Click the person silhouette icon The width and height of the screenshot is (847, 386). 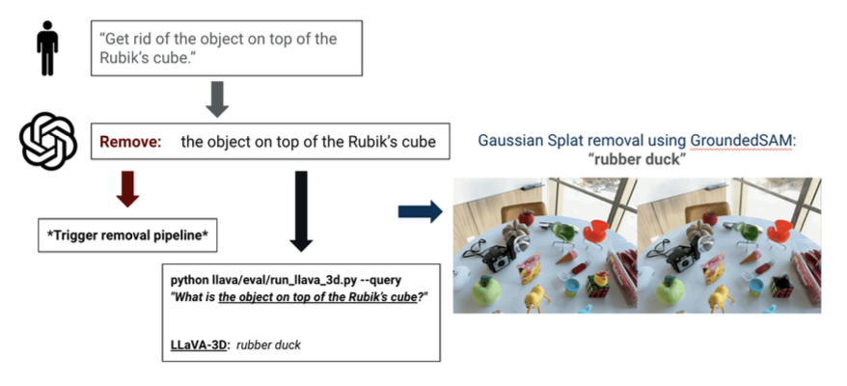point(46,48)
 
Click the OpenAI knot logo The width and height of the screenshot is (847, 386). point(47,140)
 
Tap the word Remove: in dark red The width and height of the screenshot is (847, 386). point(129,142)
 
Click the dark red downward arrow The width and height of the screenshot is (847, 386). point(126,188)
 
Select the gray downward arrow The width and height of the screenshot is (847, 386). point(216,98)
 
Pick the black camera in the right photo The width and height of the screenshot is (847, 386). point(682,257)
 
